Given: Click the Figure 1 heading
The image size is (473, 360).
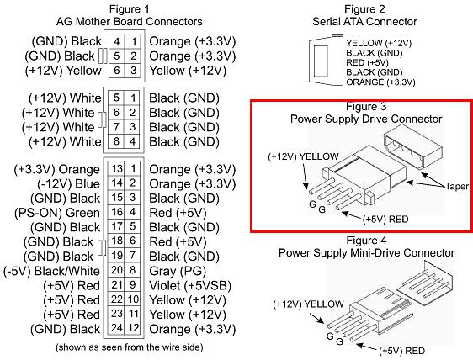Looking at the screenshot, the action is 129,9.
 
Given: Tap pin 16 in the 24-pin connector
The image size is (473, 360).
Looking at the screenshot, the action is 117,212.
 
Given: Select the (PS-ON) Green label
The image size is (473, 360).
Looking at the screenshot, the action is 57,213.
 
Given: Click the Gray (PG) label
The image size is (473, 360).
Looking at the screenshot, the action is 178,271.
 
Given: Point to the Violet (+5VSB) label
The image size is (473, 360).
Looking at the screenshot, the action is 190,285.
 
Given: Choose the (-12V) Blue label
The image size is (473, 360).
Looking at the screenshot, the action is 68,184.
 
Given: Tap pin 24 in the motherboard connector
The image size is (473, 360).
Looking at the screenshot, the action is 117,328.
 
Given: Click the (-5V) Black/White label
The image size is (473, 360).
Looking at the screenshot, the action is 51,271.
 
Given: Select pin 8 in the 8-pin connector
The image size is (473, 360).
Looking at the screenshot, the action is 116,141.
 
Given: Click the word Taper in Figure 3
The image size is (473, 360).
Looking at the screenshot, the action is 457,187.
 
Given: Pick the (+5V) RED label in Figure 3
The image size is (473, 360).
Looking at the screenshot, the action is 385,220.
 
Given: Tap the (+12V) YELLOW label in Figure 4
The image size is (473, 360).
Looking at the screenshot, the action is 308,304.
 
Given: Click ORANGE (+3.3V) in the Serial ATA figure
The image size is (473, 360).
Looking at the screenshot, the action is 380,82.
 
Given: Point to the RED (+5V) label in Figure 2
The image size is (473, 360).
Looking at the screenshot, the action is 367,63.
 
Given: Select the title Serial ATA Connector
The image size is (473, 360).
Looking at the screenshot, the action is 364,22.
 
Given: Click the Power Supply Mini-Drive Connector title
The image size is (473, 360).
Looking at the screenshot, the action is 366,252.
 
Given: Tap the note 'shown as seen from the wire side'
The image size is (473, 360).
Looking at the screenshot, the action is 129,347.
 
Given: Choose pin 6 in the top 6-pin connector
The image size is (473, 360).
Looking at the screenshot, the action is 117,71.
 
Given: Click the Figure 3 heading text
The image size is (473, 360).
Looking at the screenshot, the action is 366,106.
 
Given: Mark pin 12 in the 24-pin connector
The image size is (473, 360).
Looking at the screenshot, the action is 133,328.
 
